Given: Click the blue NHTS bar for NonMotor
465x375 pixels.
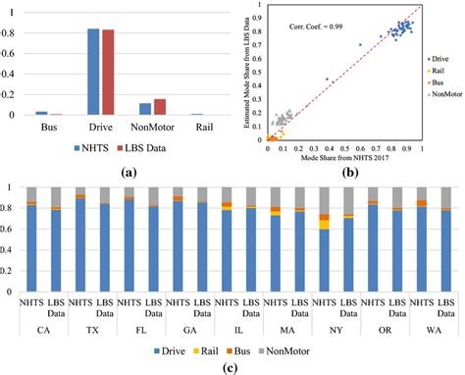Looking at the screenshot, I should (x=146, y=109).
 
